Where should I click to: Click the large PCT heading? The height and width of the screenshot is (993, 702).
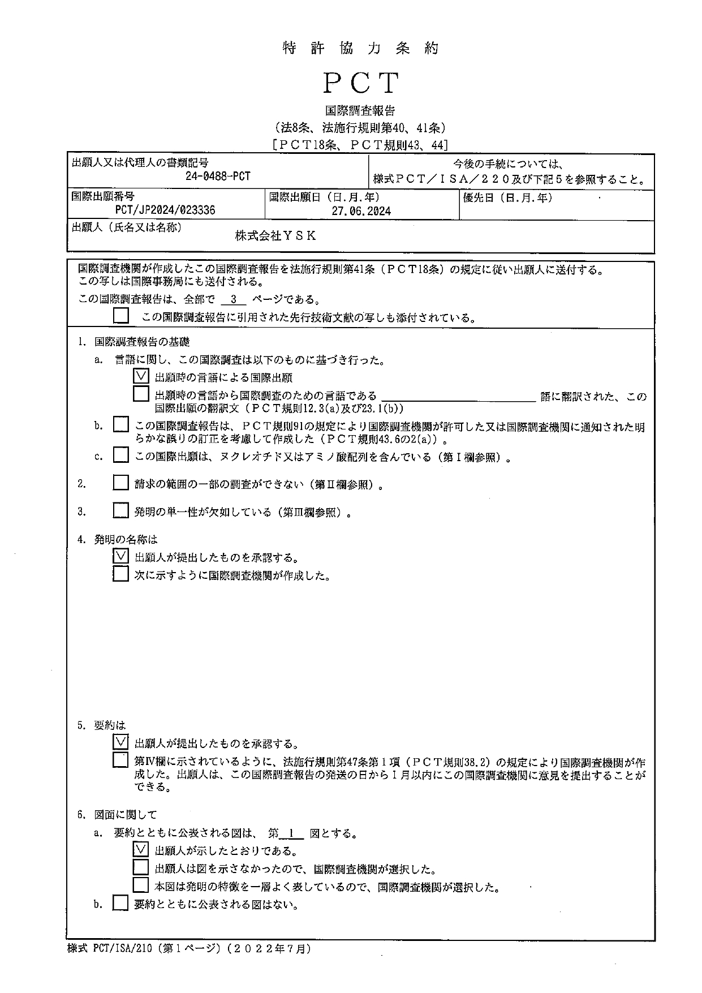coord(361,84)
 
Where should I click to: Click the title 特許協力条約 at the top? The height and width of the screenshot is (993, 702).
coord(361,49)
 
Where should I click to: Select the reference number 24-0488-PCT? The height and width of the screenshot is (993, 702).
coord(218,177)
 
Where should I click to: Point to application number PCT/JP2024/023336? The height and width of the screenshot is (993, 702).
coord(165,210)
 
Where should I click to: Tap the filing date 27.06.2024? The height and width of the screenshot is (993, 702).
coord(361,211)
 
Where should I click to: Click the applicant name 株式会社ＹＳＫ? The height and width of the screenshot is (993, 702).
coord(276,237)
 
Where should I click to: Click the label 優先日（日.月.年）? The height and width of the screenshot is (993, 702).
coord(507,197)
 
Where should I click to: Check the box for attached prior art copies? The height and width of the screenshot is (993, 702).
coord(120,316)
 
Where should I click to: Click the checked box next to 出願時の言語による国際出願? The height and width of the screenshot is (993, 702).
coord(141,376)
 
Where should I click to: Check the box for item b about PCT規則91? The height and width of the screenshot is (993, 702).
coord(120,424)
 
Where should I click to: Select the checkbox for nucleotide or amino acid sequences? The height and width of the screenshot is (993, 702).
coord(120,455)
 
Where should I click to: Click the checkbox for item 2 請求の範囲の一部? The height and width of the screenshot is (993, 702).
coord(120,483)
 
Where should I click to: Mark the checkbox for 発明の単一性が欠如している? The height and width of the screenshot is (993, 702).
coord(120,510)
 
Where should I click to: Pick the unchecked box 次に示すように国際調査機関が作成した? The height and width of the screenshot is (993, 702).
coord(120,574)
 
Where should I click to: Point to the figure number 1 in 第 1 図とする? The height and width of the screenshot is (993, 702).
coord(291,833)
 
